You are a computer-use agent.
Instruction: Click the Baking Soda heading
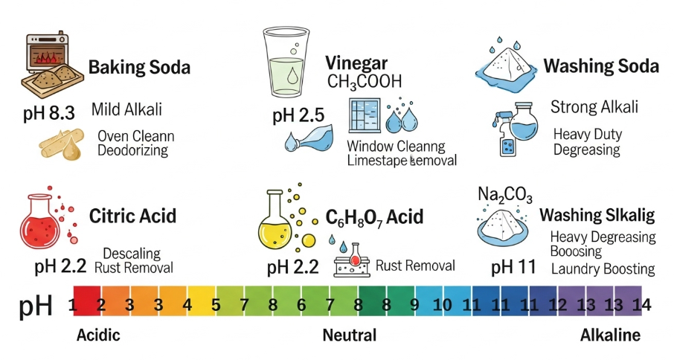coord(139,68)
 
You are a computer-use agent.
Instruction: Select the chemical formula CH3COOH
coord(364,82)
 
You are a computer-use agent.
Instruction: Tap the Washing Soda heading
coord(601,66)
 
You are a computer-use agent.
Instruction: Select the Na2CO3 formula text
coord(504,196)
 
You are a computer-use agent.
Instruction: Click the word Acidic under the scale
coord(98,335)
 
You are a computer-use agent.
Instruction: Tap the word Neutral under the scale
coord(349,335)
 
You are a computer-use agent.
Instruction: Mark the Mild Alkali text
coord(126,110)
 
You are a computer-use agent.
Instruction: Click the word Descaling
coord(132,254)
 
